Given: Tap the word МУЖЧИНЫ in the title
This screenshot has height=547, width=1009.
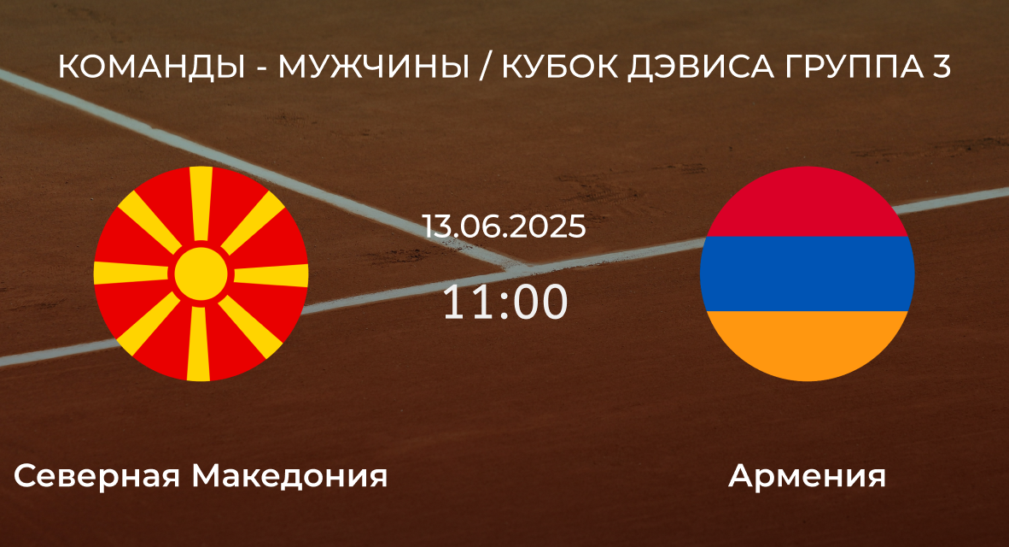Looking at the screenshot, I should (x=373, y=66).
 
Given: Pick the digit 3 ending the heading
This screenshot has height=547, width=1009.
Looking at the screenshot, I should (x=940, y=66).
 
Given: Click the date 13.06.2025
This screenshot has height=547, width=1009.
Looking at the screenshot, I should (x=504, y=226).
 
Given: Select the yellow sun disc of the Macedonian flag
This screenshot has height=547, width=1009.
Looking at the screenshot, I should (x=201, y=274).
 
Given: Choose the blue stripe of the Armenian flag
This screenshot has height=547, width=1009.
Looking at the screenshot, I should (x=807, y=273).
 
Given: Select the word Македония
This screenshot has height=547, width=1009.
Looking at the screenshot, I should (x=289, y=476).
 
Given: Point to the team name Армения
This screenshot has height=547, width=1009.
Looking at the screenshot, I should (x=807, y=476).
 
